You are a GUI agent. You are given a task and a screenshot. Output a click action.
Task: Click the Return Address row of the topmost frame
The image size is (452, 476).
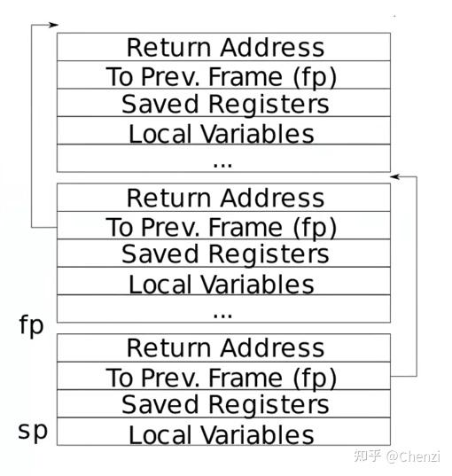pyautogui.click(x=223, y=47)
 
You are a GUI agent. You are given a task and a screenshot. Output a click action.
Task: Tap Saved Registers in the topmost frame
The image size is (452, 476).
pyautogui.click(x=223, y=104)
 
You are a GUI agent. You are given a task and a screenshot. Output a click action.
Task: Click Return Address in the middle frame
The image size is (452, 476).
pyautogui.click(x=223, y=198)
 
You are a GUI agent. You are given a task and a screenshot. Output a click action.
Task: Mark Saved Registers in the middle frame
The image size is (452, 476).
pyautogui.click(x=223, y=254)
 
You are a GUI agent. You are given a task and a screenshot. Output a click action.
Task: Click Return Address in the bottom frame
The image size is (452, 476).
pyautogui.click(x=223, y=347)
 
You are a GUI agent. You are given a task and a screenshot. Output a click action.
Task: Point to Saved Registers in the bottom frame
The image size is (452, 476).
pyautogui.click(x=223, y=405)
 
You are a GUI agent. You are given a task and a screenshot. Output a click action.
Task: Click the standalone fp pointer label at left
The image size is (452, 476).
pyautogui.click(x=31, y=324)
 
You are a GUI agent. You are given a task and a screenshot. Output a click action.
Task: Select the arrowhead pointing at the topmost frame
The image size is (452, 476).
pyautogui.click(x=52, y=24)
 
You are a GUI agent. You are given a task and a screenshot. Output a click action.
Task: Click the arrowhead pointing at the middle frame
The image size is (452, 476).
pyautogui.click(x=395, y=176)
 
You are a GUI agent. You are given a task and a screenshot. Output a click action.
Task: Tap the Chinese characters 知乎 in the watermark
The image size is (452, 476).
pyautogui.click(x=368, y=456)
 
